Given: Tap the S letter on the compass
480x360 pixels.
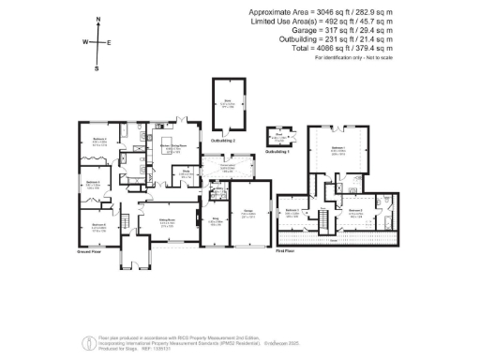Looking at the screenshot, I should tap(97, 67).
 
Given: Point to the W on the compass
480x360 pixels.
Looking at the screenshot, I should tap(84, 42).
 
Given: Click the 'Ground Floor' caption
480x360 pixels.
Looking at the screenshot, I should tap(91, 251).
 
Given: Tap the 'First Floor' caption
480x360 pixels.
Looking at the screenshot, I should tap(287, 251).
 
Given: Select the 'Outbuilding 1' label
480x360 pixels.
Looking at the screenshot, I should tap(278, 151).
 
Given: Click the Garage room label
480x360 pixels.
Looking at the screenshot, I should tap(248, 212).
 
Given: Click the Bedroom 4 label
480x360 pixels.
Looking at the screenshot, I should tap(94, 182).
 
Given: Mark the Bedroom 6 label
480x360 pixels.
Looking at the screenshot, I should tap(98, 224).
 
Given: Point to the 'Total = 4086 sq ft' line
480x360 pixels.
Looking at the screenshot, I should tap(352, 49).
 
